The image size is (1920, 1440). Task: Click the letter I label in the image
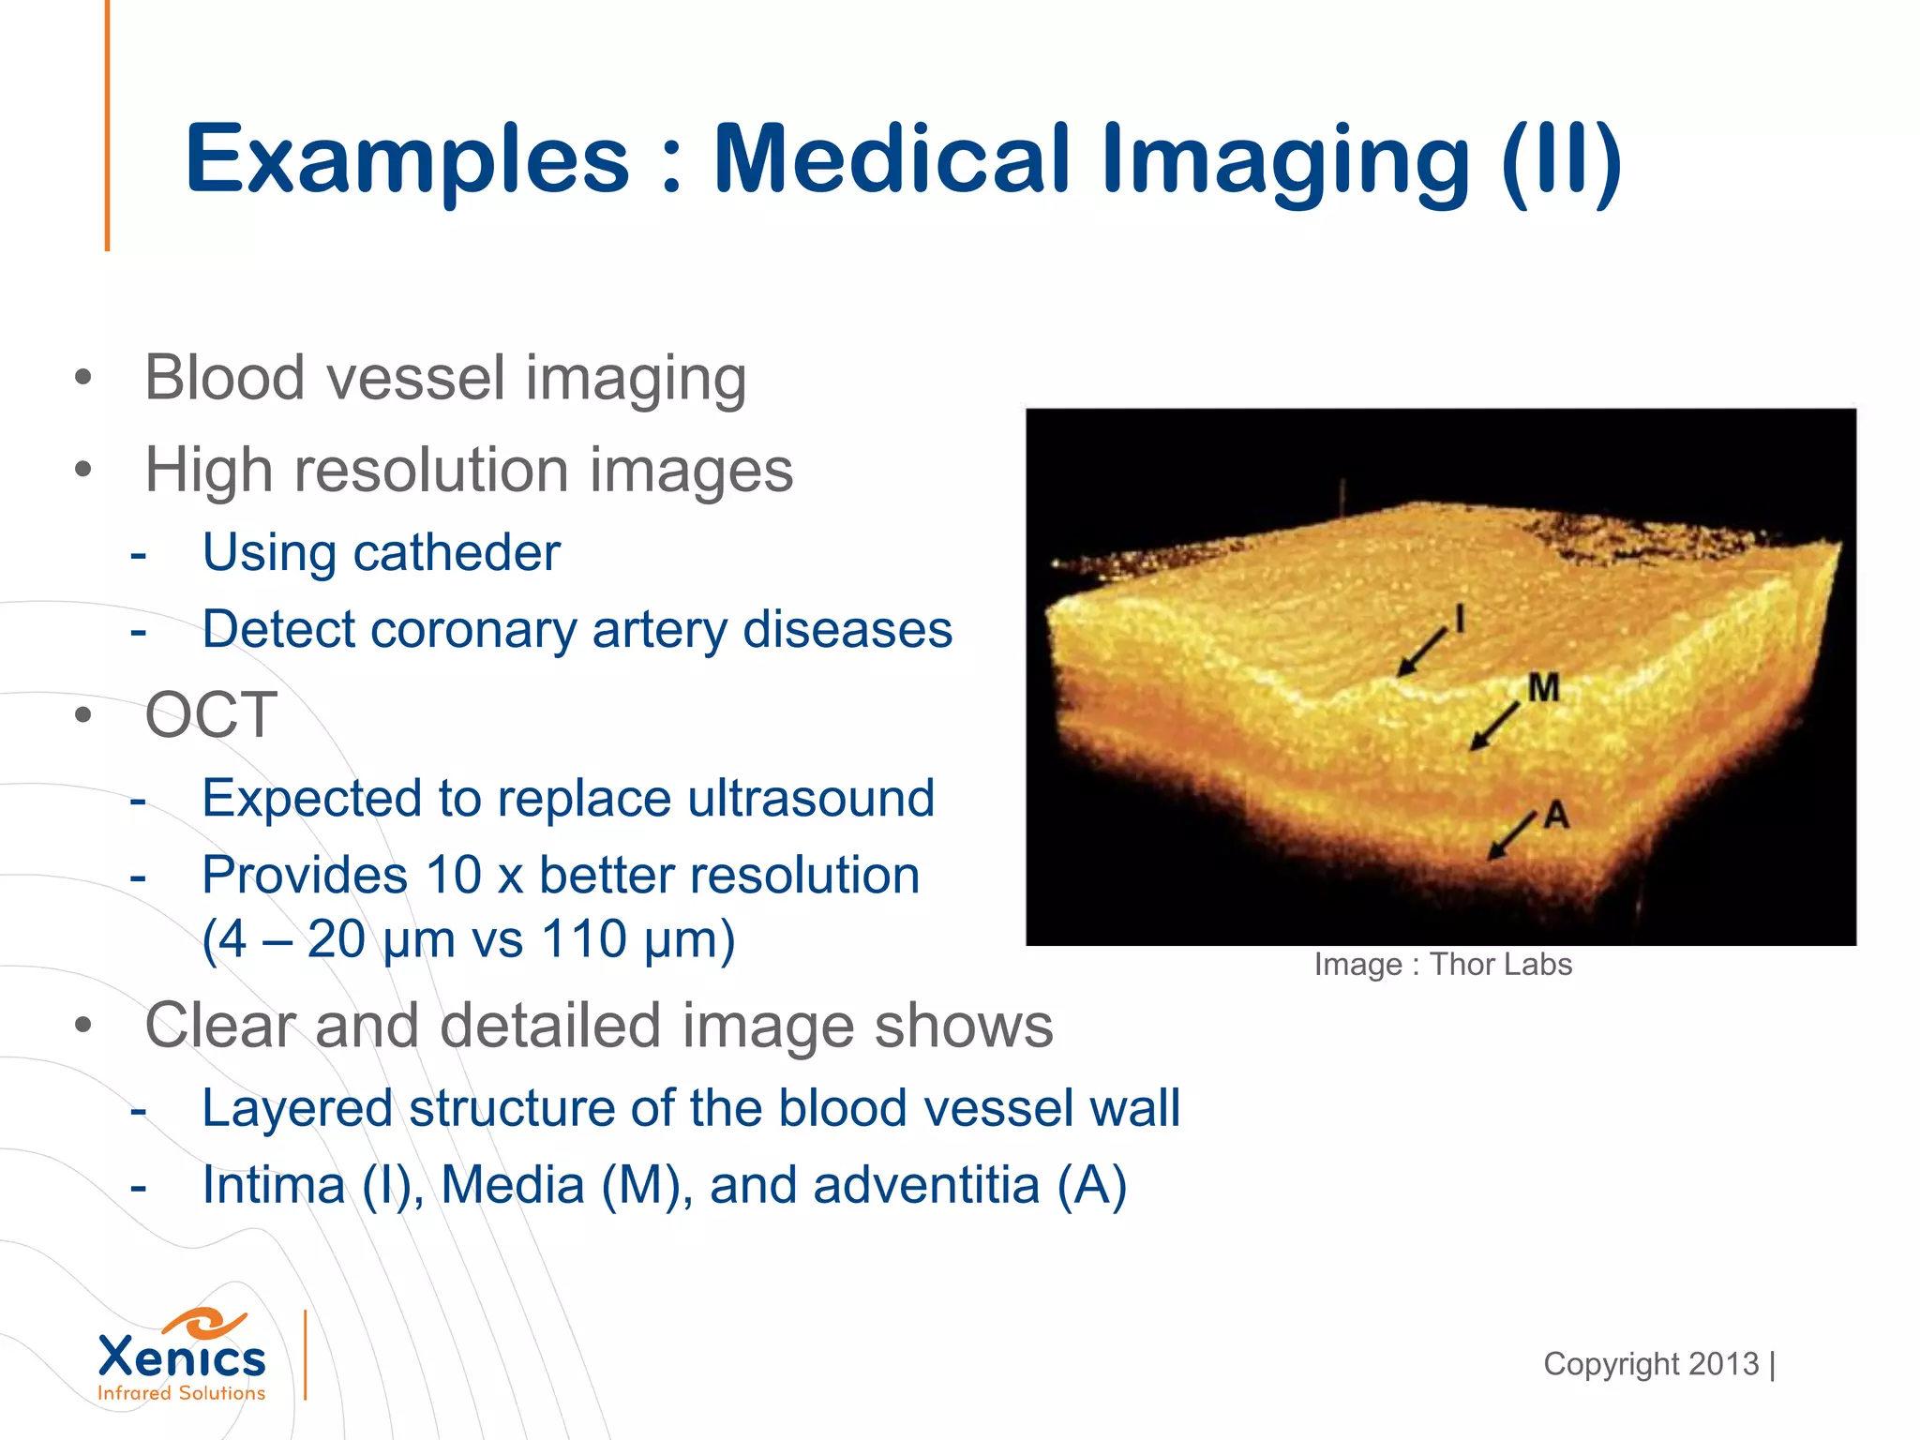tap(1459, 619)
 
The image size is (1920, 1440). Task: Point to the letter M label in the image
tap(1543, 687)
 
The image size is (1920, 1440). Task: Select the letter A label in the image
tap(1557, 814)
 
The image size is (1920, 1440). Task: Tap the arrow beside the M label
tap(1494, 726)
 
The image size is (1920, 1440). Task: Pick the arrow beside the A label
tap(1512, 835)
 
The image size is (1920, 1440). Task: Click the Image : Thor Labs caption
tap(1442, 965)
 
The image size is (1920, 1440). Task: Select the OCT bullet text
tap(211, 715)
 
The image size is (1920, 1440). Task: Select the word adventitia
tap(926, 1185)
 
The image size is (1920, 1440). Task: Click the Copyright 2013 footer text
tap(1651, 1364)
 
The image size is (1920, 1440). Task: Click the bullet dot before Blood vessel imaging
tap(83, 379)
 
